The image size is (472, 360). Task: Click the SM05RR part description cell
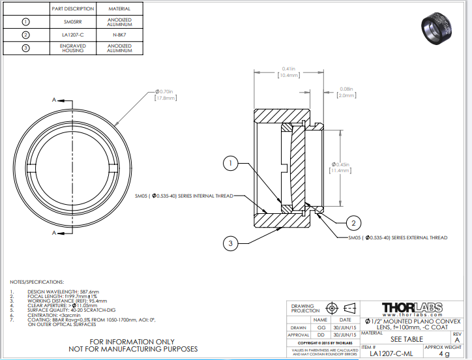tap(72, 22)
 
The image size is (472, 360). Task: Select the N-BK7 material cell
tap(119, 35)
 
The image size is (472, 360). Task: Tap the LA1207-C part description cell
tap(72, 35)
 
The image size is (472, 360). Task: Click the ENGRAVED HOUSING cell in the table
tap(72, 48)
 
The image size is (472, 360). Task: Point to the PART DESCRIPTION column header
tap(72, 9)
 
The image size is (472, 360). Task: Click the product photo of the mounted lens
tap(439, 27)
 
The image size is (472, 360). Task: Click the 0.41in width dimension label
tap(288, 72)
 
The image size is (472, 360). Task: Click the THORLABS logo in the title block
tap(411, 307)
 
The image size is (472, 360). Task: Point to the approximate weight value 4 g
tap(444, 354)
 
